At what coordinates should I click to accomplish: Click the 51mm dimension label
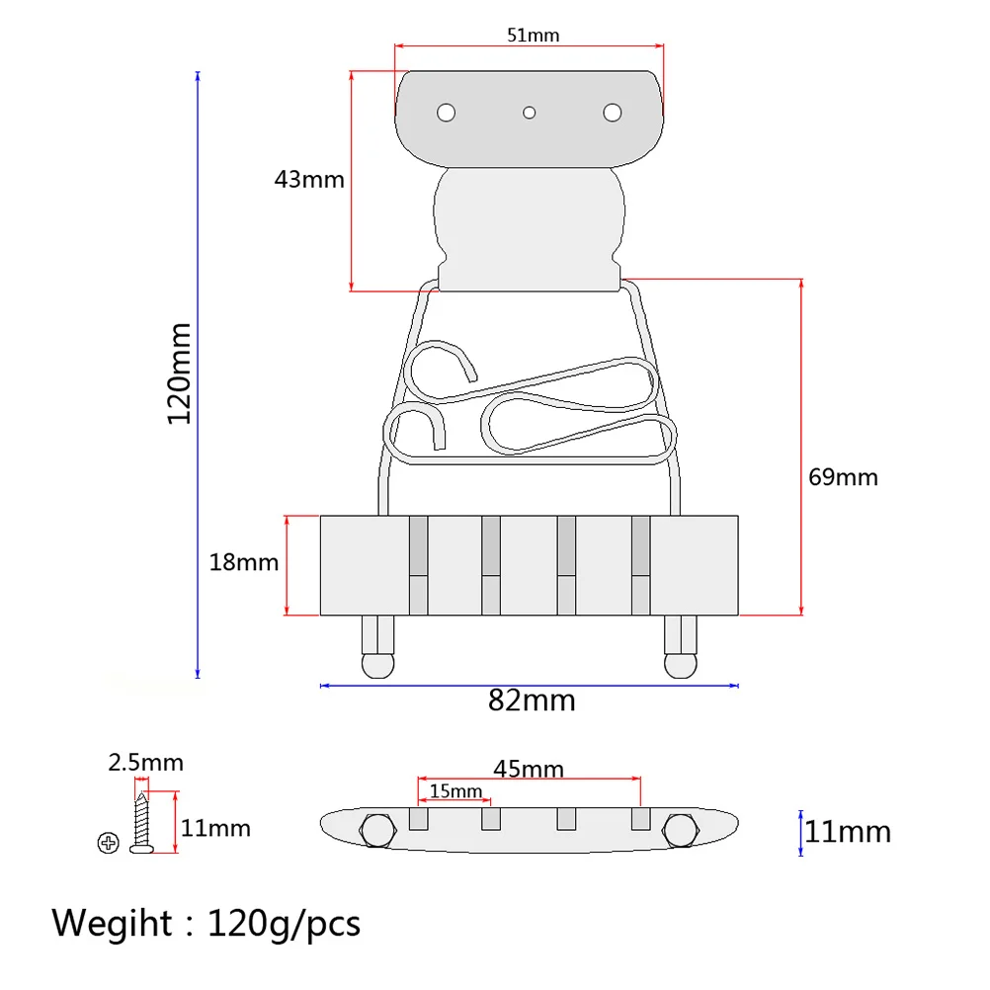coord(533,36)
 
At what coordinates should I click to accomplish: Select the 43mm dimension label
coord(309,179)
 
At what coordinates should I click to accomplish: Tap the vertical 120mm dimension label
coord(179,373)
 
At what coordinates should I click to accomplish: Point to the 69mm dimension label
coord(843,477)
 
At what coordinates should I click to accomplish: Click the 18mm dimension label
coord(243,563)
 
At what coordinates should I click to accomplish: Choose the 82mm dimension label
coord(532,701)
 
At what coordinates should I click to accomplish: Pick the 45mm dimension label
coord(531,769)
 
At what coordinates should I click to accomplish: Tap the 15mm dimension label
coord(455,791)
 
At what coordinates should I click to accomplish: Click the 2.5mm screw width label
coord(145,763)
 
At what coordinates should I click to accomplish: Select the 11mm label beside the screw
coord(216,828)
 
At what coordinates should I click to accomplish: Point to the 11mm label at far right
coord(848,832)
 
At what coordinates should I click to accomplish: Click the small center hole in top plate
coord(530,113)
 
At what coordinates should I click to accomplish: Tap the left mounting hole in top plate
coord(447,113)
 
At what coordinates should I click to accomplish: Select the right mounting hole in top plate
coord(613,113)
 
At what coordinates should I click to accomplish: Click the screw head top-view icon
coord(108,843)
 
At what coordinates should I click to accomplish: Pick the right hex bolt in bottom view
coord(682,831)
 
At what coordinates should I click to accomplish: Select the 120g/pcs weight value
coord(284,925)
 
